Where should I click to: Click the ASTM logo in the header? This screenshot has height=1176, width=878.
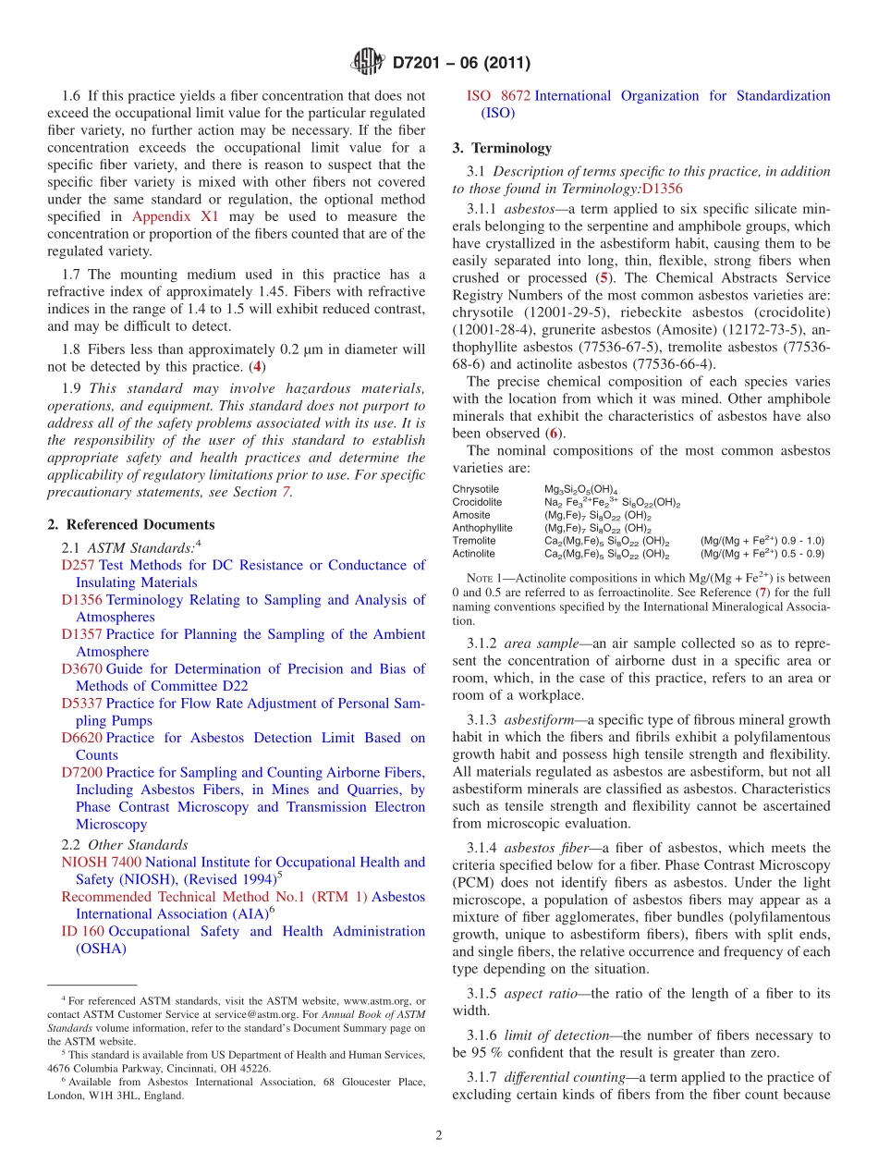click(x=367, y=63)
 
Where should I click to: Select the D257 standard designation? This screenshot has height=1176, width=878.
click(x=78, y=565)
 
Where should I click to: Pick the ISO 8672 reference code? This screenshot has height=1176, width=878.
click(x=498, y=95)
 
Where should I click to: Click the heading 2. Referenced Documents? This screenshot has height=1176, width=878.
click(x=131, y=524)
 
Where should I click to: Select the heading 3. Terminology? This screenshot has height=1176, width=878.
click(x=502, y=148)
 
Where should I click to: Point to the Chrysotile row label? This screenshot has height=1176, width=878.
click(x=475, y=489)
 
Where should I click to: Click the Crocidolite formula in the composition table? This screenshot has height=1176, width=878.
click(x=612, y=502)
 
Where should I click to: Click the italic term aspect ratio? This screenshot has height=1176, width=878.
click(x=539, y=994)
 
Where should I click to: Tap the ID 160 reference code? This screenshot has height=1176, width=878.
click(x=82, y=931)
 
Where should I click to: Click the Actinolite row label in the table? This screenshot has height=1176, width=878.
click(x=473, y=554)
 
